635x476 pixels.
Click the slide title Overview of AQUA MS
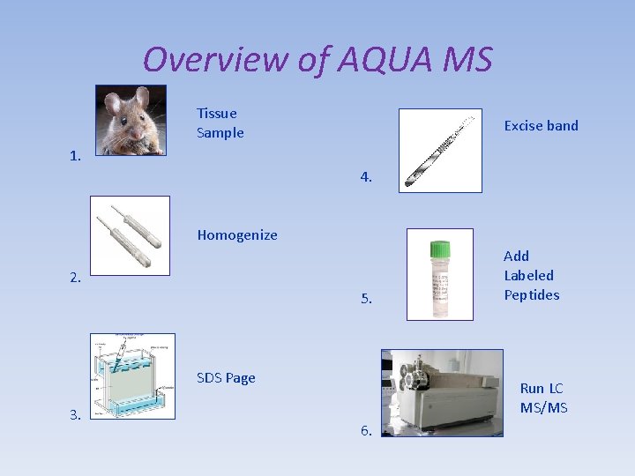click(317, 60)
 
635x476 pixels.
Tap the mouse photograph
click(131, 120)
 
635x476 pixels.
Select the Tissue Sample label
click(220, 123)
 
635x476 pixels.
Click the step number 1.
click(76, 156)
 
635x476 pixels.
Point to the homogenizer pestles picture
click(130, 235)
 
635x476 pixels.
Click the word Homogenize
click(237, 234)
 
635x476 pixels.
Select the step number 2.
click(76, 278)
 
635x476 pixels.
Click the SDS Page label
click(226, 377)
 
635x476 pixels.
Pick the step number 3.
click(76, 414)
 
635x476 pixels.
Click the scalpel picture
click(440, 150)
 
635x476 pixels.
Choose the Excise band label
click(541, 125)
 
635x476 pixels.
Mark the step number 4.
click(366, 177)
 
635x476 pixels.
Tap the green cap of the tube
click(439, 249)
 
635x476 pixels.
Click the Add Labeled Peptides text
click(531, 275)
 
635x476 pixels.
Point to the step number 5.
click(366, 299)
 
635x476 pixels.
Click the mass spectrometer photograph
click(442, 392)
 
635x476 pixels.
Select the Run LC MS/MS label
click(543, 398)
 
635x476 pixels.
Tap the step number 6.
click(366, 430)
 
